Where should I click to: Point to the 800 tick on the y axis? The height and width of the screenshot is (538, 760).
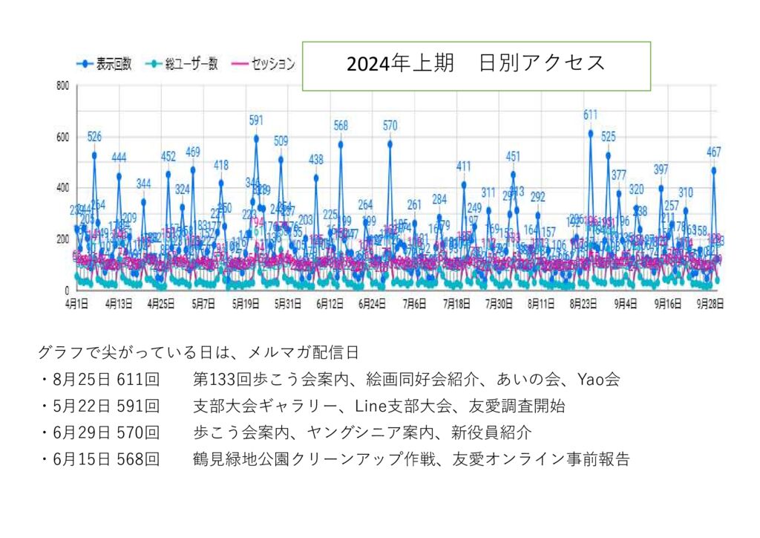tap(63, 86)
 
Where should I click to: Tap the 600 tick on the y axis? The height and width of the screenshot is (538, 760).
tap(63, 137)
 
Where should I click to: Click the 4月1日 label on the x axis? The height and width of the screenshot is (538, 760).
tap(76, 303)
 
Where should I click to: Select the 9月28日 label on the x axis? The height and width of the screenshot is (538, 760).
tap(711, 303)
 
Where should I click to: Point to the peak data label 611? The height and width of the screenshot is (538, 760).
tap(591, 114)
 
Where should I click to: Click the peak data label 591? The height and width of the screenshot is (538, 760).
tap(256, 120)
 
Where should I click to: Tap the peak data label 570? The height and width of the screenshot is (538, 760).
tap(390, 126)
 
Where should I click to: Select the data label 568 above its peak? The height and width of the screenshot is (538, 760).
tap(341, 126)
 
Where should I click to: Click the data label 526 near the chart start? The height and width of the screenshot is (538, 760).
tap(94, 136)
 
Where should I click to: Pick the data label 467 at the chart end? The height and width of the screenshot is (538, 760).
tap(714, 152)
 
